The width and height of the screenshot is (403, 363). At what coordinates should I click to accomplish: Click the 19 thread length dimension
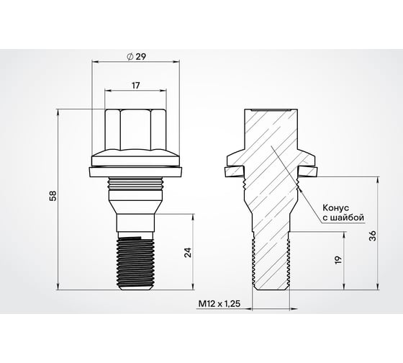coord(339,260)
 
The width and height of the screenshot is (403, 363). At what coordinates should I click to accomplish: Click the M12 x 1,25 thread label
coord(219,305)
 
